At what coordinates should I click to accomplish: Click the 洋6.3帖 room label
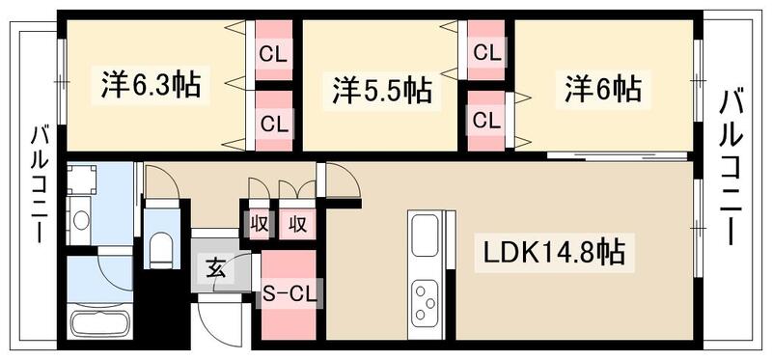coord(151,85)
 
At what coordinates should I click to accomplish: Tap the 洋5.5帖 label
coord(383,91)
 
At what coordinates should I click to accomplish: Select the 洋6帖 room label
coord(603,90)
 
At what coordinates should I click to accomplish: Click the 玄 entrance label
coord(217,268)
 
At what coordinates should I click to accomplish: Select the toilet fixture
coord(159,249)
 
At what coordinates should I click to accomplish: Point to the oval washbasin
coord(80,220)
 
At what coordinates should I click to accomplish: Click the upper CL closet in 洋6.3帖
coord(272,54)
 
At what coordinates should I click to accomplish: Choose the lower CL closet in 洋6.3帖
coord(272,123)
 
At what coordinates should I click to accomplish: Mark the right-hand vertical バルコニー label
coord(731,164)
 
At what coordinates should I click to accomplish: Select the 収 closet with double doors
coord(298,224)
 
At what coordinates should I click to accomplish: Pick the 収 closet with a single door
coord(259,224)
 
